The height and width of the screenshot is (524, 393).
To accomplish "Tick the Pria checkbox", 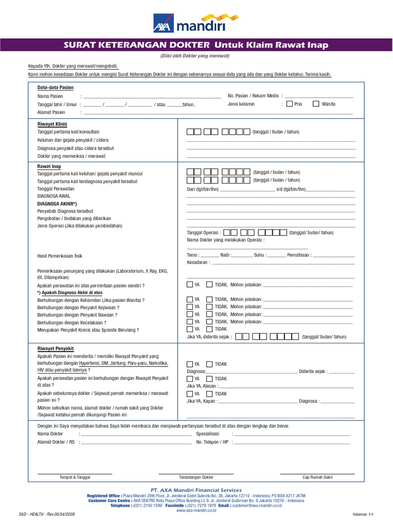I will point(290,104).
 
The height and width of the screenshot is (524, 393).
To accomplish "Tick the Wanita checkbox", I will point(316,104).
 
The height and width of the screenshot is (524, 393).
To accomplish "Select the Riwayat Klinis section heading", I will point(52,124).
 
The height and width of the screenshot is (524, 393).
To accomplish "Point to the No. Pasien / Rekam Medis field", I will point(319,96).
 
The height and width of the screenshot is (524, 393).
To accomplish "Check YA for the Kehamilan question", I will point(190,299).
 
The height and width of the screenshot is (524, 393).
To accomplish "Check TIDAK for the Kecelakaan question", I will point(209,322).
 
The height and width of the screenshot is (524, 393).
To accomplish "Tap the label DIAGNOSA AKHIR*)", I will point(57,203).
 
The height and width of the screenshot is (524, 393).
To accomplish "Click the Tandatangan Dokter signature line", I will point(196,473).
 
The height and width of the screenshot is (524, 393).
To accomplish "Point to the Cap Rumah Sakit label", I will point(317,477).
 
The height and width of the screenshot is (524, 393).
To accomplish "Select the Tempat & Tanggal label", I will point(75,477).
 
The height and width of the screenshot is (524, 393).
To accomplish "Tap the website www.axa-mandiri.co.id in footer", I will point(196,511).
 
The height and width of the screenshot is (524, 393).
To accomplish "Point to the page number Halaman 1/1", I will point(364,514).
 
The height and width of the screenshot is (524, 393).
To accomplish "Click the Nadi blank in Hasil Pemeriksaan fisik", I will point(242,255).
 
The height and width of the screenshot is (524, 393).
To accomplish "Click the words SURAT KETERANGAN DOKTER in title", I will point(137,45).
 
